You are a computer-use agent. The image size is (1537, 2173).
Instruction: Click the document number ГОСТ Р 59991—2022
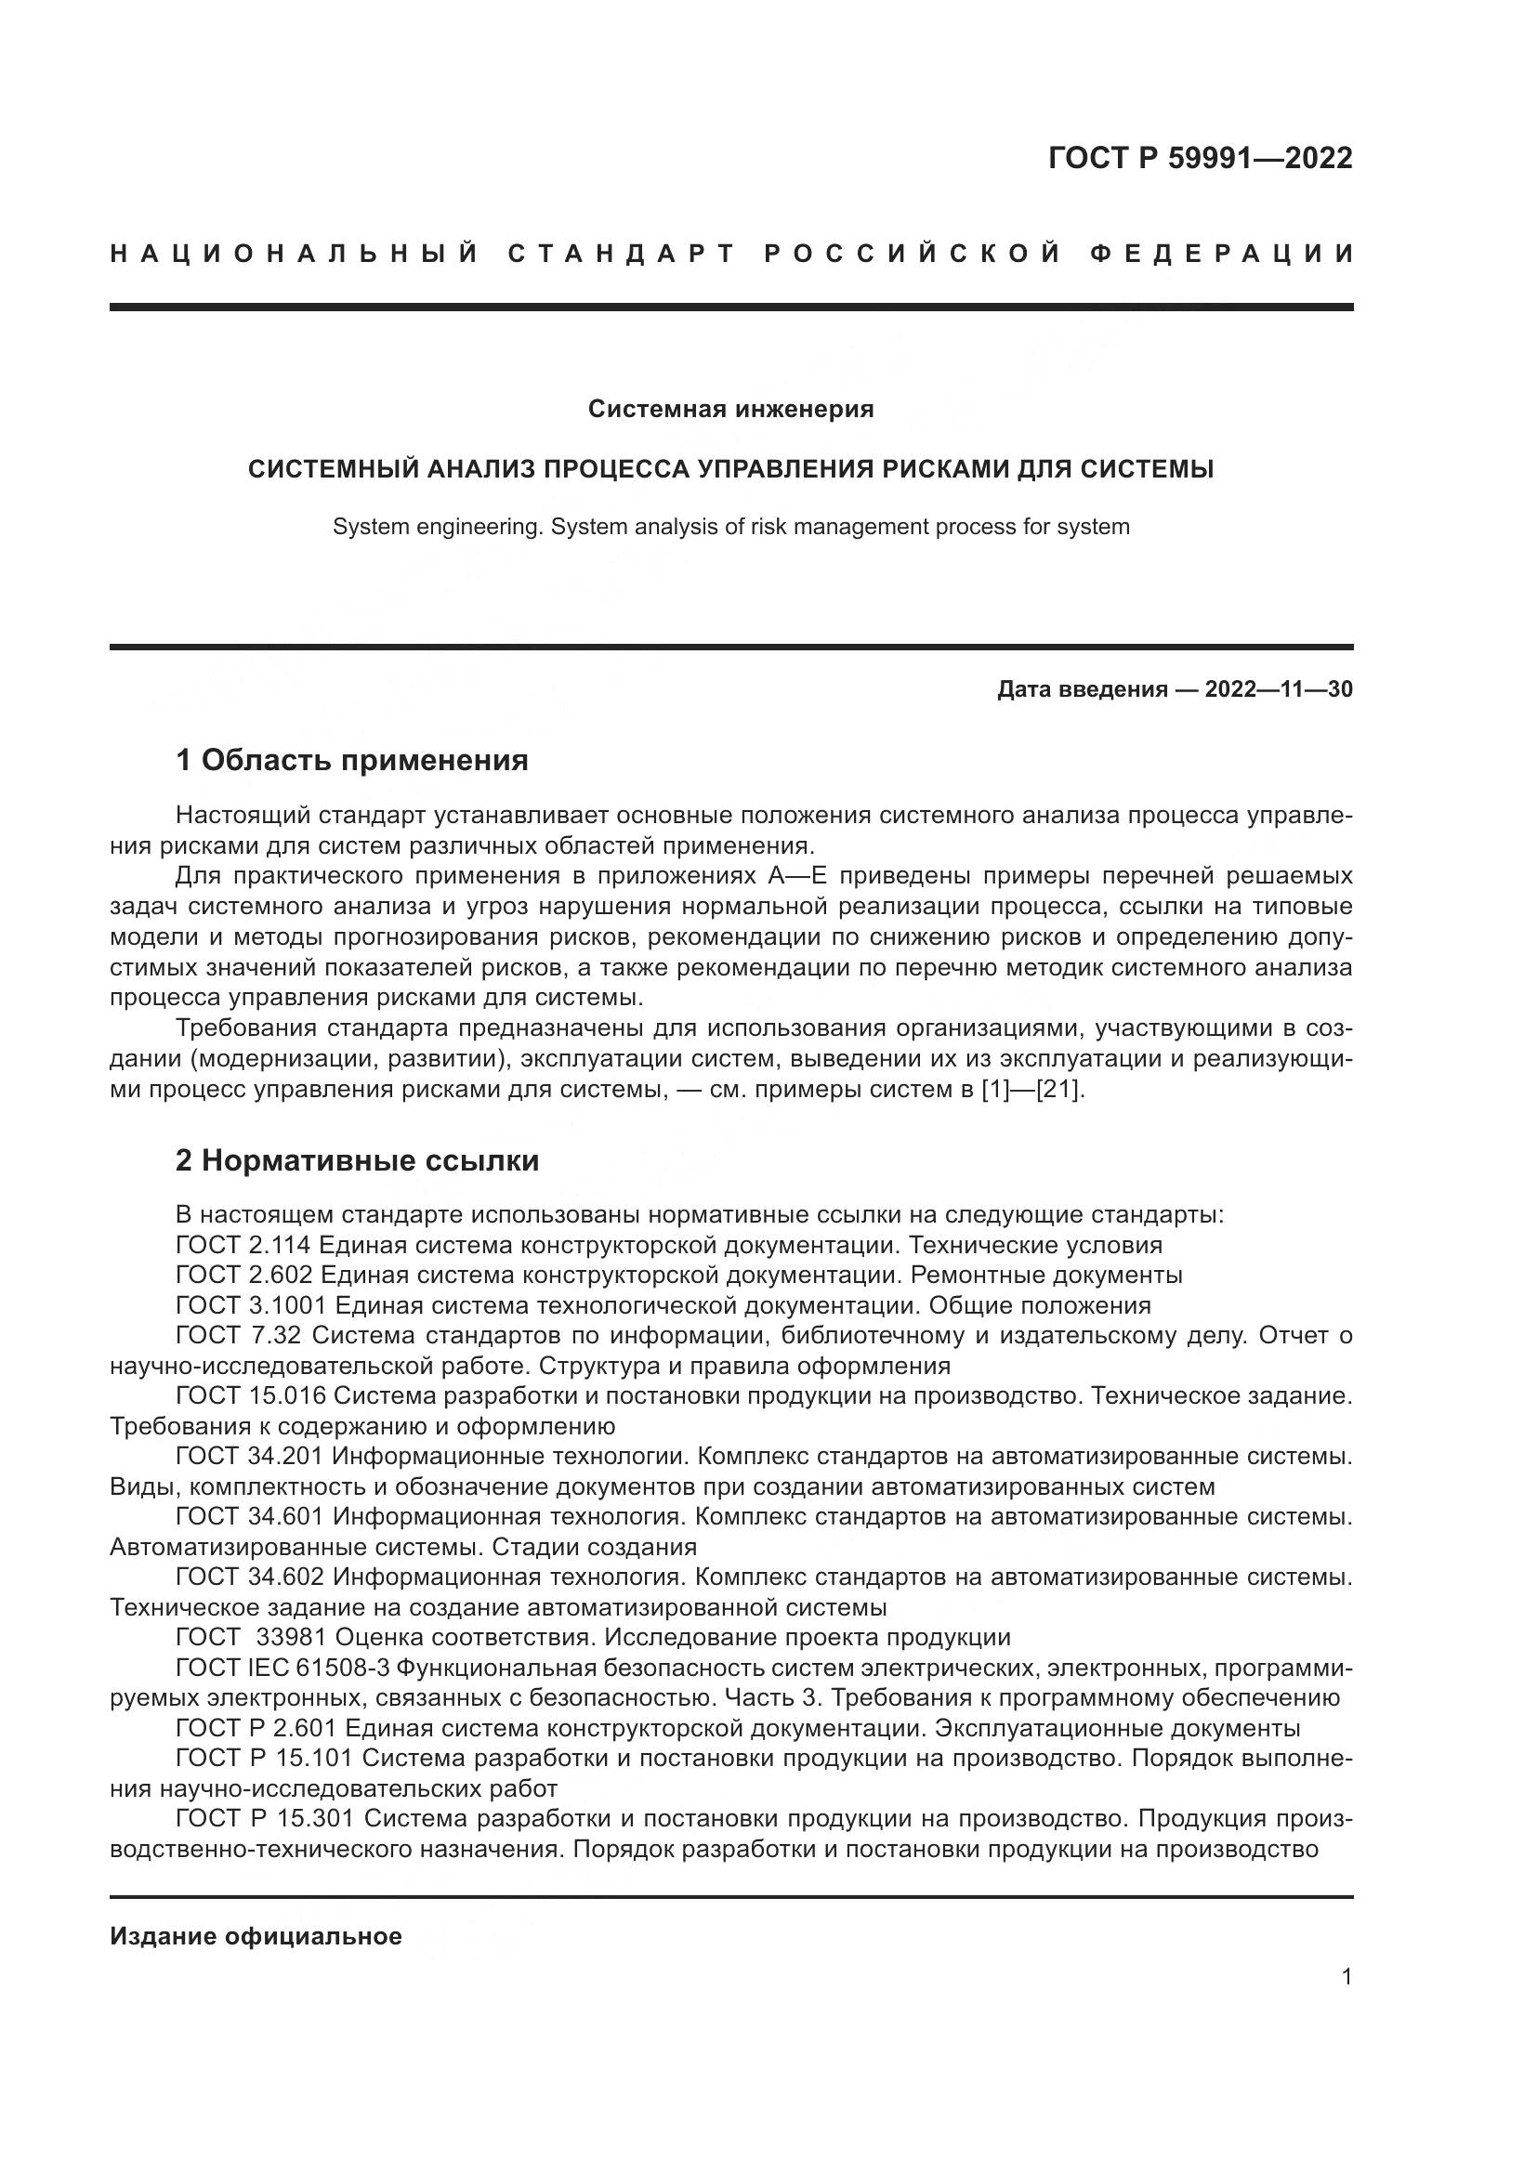coord(1199,158)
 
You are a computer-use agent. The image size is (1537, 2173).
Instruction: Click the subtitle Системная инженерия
coord(730,409)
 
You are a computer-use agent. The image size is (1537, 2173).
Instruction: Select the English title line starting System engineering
coord(730,527)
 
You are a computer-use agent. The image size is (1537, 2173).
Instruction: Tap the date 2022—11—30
coord(1278,689)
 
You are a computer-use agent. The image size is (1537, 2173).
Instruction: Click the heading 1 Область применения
coord(352,759)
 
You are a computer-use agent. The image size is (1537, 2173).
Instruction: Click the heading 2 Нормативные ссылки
coord(357,1160)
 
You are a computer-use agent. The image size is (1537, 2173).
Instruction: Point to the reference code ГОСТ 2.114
coord(243,1245)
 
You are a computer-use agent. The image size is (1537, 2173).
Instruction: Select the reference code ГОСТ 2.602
coord(243,1275)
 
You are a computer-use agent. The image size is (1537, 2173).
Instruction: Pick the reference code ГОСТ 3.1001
coord(250,1305)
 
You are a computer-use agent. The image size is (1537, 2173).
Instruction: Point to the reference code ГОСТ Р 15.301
coord(264,1820)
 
